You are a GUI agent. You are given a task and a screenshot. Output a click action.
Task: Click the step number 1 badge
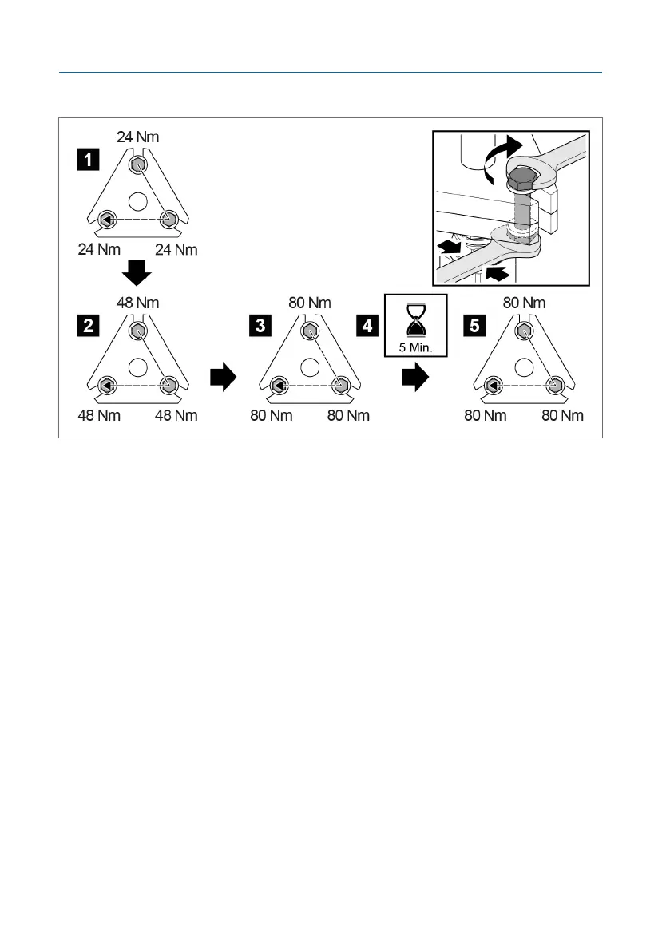(88, 160)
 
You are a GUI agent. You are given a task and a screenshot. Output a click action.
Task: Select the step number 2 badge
(88, 326)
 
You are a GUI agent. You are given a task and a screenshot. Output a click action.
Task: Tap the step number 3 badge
(260, 326)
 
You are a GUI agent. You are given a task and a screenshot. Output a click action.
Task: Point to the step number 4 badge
(367, 326)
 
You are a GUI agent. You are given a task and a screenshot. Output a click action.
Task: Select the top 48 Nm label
(137, 303)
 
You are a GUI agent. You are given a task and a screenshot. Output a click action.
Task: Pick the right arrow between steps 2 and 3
(223, 377)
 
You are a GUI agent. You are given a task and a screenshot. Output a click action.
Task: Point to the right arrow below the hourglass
(416, 378)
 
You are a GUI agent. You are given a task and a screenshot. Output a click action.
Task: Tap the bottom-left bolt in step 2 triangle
(105, 386)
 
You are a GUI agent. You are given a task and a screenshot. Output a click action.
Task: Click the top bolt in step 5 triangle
(524, 331)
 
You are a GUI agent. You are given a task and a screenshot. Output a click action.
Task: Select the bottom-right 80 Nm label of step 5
(563, 416)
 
